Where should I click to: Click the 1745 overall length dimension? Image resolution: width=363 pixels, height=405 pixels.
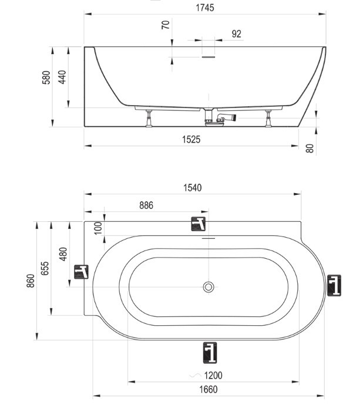[x=205, y=8]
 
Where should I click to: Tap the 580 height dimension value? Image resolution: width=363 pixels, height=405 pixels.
[x=46, y=77]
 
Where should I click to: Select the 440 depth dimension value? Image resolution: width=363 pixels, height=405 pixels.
[x=62, y=77]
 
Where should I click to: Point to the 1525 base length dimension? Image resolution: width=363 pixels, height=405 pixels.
[x=191, y=140]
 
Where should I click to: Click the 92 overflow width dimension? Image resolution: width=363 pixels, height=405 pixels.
[x=236, y=34]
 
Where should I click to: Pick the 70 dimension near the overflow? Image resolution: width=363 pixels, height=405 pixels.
[x=166, y=25]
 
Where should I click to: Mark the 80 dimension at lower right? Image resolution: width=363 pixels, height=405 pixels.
[x=310, y=148]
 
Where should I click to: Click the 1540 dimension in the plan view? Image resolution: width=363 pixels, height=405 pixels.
[x=192, y=188]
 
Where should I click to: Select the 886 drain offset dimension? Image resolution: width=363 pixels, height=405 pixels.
[x=146, y=205]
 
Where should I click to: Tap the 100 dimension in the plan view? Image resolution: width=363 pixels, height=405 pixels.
[x=98, y=228]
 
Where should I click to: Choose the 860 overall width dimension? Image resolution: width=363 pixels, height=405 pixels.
[x=31, y=281]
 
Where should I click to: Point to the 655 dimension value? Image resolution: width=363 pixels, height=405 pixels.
[x=45, y=268]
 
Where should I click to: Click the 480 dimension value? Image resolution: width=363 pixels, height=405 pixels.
[x=63, y=254]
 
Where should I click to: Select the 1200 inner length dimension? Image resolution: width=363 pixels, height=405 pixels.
[x=213, y=375]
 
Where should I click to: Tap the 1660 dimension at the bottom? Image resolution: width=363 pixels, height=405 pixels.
[x=209, y=390]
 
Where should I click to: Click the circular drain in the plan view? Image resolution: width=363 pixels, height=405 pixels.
[x=209, y=287]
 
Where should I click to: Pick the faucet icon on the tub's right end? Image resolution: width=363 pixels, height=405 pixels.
[x=334, y=285]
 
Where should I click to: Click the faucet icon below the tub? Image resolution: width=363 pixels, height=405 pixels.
[x=210, y=353]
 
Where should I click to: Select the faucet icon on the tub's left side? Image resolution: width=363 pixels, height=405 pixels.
[x=81, y=272]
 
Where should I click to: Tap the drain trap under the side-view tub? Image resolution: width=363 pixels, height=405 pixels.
[x=220, y=119]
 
